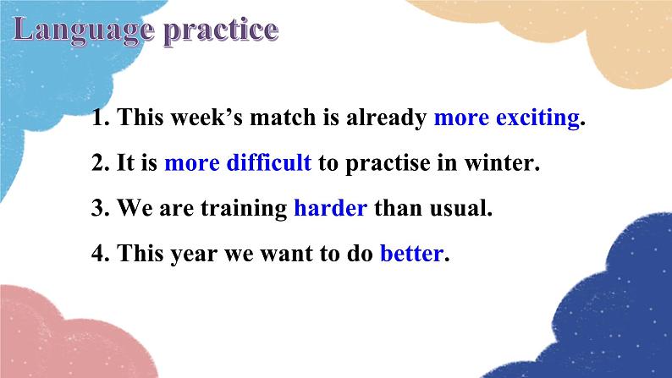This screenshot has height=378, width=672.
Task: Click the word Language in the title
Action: point(84,30)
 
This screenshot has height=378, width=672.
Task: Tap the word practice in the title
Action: point(222,31)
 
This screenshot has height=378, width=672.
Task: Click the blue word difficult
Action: point(268,162)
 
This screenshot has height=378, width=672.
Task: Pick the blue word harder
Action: point(330,208)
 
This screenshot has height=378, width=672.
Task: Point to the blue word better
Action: point(411,253)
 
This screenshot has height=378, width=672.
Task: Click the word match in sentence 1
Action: point(283,118)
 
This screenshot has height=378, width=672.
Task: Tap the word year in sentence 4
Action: point(194,255)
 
